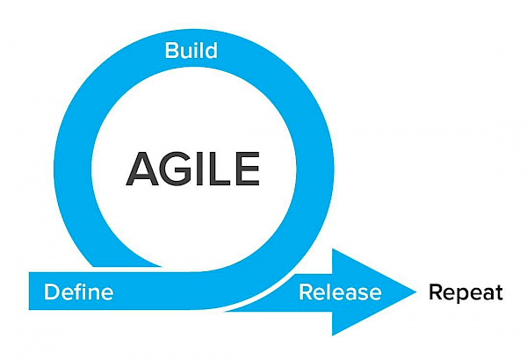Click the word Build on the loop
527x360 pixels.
point(191,50)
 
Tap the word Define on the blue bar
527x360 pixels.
point(79,292)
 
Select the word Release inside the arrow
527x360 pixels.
point(340,292)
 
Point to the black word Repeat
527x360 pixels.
point(466,292)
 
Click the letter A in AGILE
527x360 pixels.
point(142,169)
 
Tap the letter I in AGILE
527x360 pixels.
point(199,169)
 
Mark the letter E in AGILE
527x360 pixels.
point(248,169)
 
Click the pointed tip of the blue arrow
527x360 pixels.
point(416,292)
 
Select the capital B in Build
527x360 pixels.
point(171,50)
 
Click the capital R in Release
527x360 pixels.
point(306,292)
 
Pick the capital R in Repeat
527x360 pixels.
point(436,292)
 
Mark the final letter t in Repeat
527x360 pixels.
point(499,292)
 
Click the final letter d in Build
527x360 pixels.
point(211,50)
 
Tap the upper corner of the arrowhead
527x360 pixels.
point(332,249)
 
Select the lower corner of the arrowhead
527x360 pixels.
point(332,335)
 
